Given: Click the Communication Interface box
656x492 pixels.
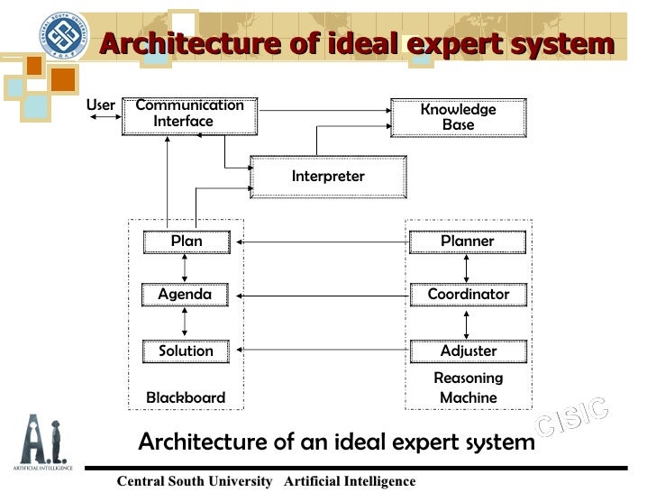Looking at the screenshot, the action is pos(189,114).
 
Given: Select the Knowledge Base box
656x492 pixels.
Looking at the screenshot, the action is pos(458,117).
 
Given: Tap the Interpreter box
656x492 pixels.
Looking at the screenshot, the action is pos(328,177).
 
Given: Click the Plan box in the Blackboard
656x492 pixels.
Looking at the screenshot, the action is pos(186,241).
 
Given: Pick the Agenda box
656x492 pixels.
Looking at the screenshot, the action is pos(185,295).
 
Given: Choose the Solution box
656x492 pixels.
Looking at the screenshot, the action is pos(186,351).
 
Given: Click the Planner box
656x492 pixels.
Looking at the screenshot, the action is pos(467,241).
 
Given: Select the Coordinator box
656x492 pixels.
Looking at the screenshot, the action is pos(468,295).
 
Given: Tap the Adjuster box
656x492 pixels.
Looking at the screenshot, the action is pos(468,351).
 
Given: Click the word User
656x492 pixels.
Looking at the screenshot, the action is pos(100,105).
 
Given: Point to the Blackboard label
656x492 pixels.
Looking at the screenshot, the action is pos(186,398).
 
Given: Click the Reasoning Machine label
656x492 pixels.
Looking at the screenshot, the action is pos(468,388).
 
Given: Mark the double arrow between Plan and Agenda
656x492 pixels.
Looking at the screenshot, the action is pos(185,268).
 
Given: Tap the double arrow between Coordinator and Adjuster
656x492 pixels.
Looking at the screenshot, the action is pos(467,323).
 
